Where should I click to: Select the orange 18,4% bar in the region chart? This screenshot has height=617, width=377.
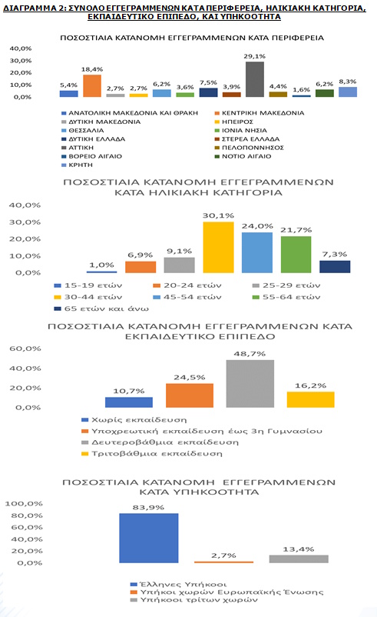[92, 85]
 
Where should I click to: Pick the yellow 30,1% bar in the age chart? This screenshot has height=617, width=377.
[218, 247]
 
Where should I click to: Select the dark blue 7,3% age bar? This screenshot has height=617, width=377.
[335, 266]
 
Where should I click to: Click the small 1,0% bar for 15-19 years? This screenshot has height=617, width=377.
[101, 272]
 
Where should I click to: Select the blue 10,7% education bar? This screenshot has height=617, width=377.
[129, 402]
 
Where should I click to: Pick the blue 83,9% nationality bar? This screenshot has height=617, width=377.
[149, 538]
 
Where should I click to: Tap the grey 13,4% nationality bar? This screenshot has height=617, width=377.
[298, 559]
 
